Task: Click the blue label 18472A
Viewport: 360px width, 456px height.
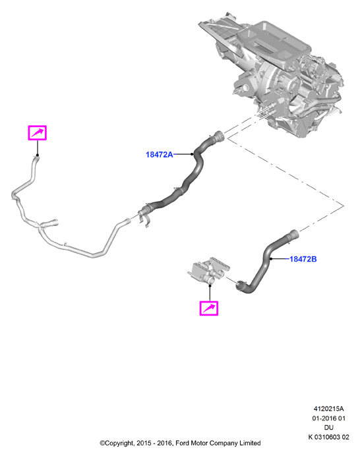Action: tap(159, 154)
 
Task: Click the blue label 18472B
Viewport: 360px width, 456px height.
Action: tap(303, 259)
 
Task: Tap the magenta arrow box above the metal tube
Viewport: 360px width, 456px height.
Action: tap(37, 133)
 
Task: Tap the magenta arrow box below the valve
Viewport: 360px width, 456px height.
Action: tap(208, 308)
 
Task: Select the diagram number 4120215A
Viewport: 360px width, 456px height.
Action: tap(328, 409)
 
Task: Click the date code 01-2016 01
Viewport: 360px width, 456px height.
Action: tap(328, 418)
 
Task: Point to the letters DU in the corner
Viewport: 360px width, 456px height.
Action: tap(328, 428)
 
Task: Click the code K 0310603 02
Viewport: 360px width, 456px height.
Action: tap(328, 437)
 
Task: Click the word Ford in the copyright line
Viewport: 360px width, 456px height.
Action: tap(182, 443)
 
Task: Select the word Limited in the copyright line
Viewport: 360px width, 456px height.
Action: tap(250, 443)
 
